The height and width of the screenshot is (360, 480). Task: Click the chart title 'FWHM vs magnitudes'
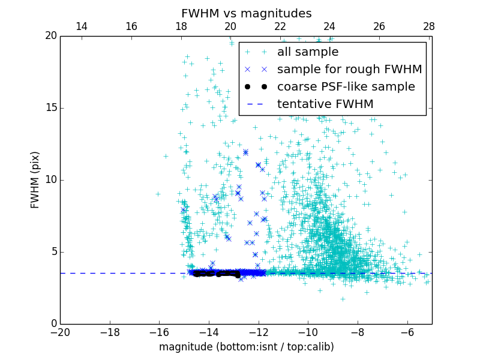pyautogui.click(x=246, y=13)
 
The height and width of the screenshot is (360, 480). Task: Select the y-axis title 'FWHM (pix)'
pyautogui.click(x=35, y=179)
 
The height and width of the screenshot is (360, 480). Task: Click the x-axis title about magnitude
pyautogui.click(x=246, y=347)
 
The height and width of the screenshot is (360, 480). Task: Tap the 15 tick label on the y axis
pyautogui.click(x=50, y=108)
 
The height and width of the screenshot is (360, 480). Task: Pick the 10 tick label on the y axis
pyautogui.click(x=50, y=180)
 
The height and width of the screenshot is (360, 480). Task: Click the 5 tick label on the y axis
pyautogui.click(x=53, y=252)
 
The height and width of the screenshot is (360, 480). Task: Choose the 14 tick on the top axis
pyautogui.click(x=82, y=26)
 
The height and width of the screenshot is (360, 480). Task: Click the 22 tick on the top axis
pyautogui.click(x=280, y=26)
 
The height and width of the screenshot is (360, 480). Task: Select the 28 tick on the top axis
pyautogui.click(x=429, y=26)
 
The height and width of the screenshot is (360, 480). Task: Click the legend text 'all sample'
pyautogui.click(x=308, y=52)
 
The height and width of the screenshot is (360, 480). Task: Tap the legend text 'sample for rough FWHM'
pyautogui.click(x=349, y=70)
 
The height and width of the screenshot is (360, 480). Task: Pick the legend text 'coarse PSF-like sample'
pyautogui.click(x=346, y=87)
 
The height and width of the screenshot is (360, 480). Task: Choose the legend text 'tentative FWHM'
pyautogui.click(x=325, y=104)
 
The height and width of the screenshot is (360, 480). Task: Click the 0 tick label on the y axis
pyautogui.click(x=53, y=324)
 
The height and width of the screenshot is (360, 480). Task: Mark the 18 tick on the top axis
pyautogui.click(x=181, y=26)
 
